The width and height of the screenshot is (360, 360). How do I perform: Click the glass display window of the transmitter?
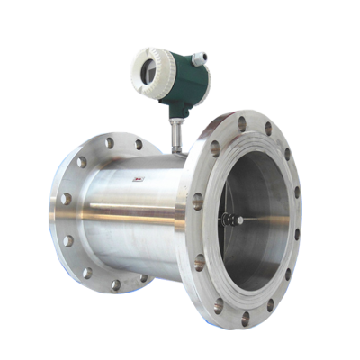(x=148, y=68)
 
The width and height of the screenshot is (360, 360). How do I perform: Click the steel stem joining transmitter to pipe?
(x=175, y=135)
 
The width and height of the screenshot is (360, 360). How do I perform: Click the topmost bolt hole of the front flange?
(x=241, y=122)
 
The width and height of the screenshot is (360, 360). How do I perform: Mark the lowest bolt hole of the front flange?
(x=245, y=317)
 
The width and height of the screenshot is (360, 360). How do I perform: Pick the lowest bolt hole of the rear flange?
(x=115, y=284)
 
